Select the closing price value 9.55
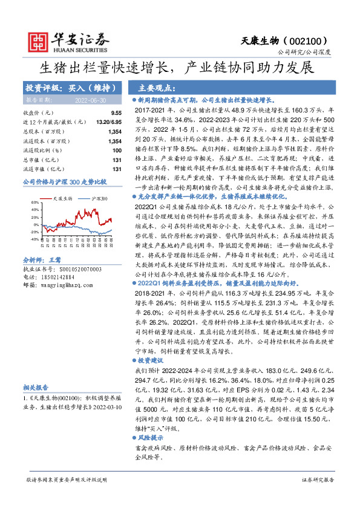pyautogui.click(x=116, y=113)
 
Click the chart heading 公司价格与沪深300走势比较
pyautogui.click(x=64, y=181)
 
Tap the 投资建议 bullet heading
pyautogui.click(x=151, y=359)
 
